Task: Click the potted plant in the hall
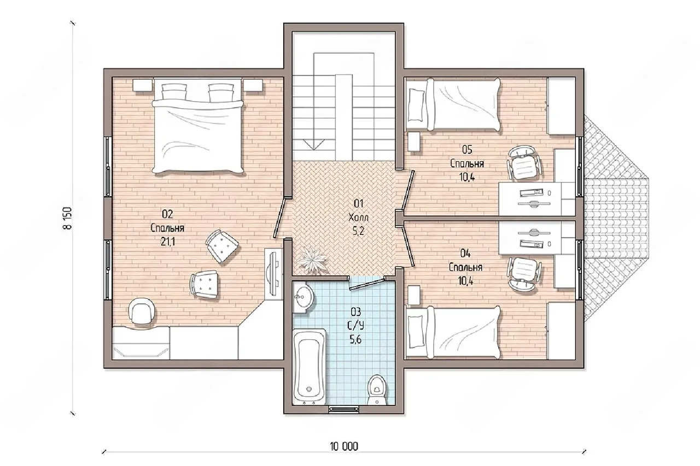(311, 260)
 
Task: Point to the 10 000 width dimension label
(344, 447)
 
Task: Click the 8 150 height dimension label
(68, 218)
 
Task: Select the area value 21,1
(168, 241)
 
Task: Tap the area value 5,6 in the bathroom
(355, 339)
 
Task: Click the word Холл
(358, 217)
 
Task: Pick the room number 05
(467, 150)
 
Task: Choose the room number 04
(465, 253)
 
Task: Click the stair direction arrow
(314, 144)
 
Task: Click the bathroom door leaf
(366, 284)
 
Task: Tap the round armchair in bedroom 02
(142, 310)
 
